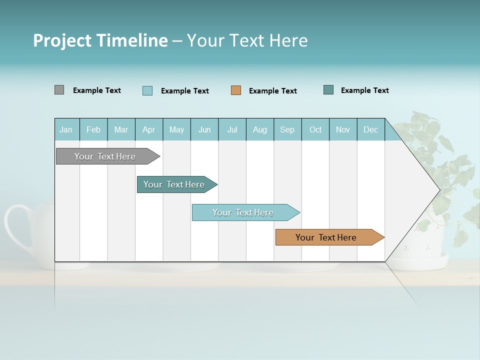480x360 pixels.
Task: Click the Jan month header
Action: [x=66, y=130]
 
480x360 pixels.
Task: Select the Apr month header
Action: [x=148, y=130]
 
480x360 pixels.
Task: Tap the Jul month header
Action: [x=232, y=130]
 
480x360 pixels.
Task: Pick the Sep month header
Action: [x=287, y=130]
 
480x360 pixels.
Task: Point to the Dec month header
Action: [x=370, y=130]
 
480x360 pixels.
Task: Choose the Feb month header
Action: [x=93, y=130]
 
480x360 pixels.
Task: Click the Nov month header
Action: [x=343, y=130]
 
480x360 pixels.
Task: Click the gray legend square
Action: [x=59, y=90]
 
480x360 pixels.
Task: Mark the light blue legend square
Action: [x=147, y=90]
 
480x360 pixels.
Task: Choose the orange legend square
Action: [x=235, y=90]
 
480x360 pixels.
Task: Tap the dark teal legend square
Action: [x=328, y=90]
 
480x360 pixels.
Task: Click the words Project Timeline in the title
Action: [x=100, y=40]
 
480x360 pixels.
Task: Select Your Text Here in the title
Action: [x=247, y=40]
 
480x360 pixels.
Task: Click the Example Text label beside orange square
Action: [x=272, y=91]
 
